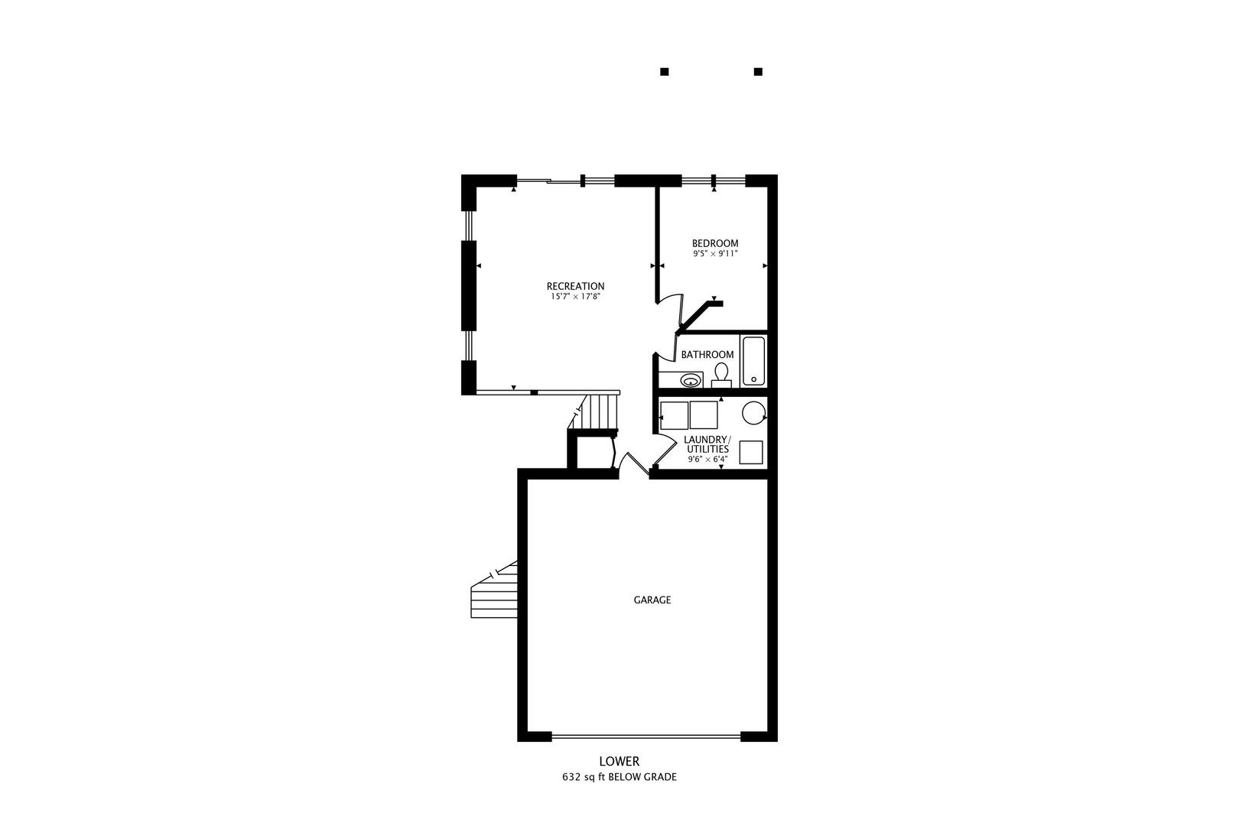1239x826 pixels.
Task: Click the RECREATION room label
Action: (x=575, y=286)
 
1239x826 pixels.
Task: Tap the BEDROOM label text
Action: (x=715, y=243)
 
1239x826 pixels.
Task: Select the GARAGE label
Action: (x=652, y=600)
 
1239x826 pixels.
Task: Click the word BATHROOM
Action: (x=707, y=355)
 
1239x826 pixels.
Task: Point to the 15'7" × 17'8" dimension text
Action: (x=575, y=297)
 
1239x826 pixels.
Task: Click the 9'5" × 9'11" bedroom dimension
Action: (x=715, y=254)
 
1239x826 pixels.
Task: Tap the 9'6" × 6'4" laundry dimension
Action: (x=707, y=460)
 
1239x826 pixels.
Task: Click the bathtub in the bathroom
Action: (x=753, y=360)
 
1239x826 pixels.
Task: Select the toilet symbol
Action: (x=720, y=375)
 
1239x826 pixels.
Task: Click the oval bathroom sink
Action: (x=691, y=380)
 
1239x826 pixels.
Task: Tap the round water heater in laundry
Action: (x=753, y=413)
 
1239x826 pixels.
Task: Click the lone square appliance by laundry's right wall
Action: (x=751, y=453)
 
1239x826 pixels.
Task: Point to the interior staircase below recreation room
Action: (x=598, y=413)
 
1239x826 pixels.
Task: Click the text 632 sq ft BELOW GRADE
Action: (x=619, y=777)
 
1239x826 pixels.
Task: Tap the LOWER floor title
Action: (x=619, y=762)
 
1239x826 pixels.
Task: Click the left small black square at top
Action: (x=665, y=72)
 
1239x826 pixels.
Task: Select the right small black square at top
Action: (x=758, y=72)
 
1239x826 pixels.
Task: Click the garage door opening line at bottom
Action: (x=646, y=737)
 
